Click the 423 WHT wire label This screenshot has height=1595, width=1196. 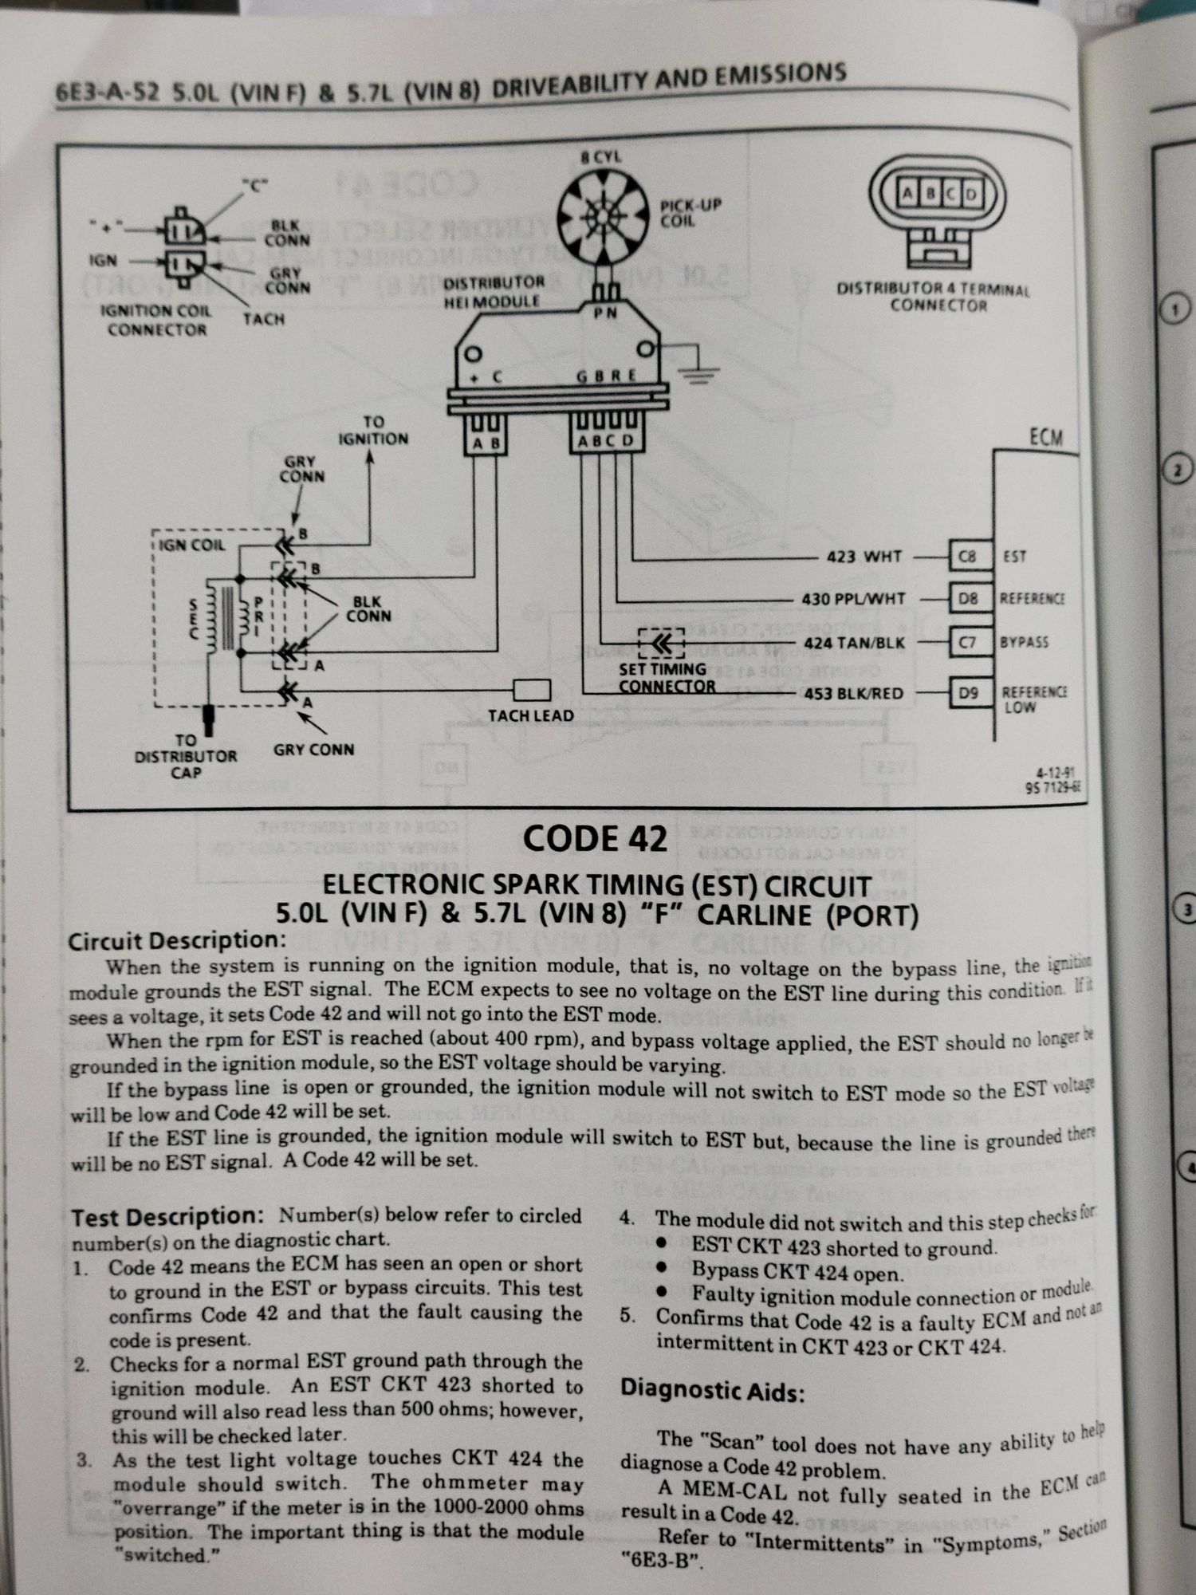pyautogui.click(x=864, y=556)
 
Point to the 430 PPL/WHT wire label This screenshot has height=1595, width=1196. pyautogui.click(x=853, y=598)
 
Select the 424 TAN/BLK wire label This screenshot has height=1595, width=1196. pyautogui.click(x=854, y=642)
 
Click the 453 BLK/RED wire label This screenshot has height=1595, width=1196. pyautogui.click(x=854, y=693)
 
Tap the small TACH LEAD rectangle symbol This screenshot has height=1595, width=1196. pyautogui.click(x=532, y=690)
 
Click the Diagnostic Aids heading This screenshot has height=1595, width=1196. pyautogui.click(x=712, y=1390)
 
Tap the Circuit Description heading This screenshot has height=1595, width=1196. pyautogui.click(x=176, y=941)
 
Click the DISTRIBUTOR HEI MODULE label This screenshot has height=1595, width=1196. pyautogui.click(x=493, y=292)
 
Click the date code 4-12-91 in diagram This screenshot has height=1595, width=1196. pyautogui.click(x=1055, y=772)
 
